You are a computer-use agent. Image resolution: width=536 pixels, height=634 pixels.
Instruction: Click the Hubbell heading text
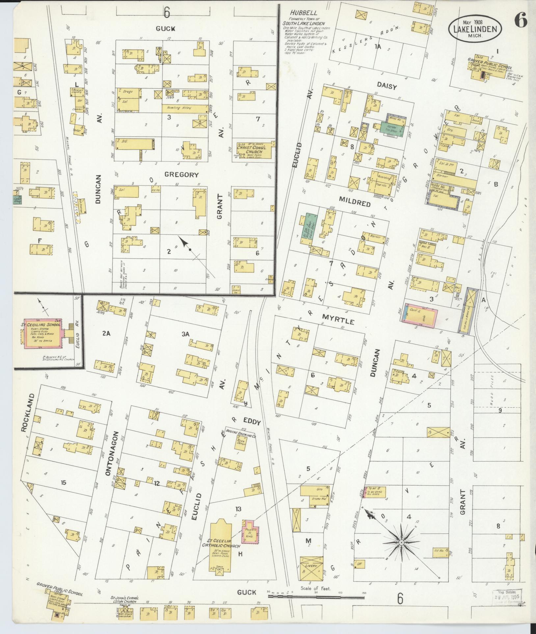pyautogui.click(x=299, y=13)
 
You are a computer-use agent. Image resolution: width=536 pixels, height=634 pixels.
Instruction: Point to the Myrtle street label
pyautogui.click(x=338, y=320)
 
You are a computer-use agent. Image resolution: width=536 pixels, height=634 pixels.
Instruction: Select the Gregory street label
pyautogui.click(x=181, y=175)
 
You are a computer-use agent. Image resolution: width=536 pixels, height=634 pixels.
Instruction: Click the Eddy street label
pyautogui.click(x=252, y=422)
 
